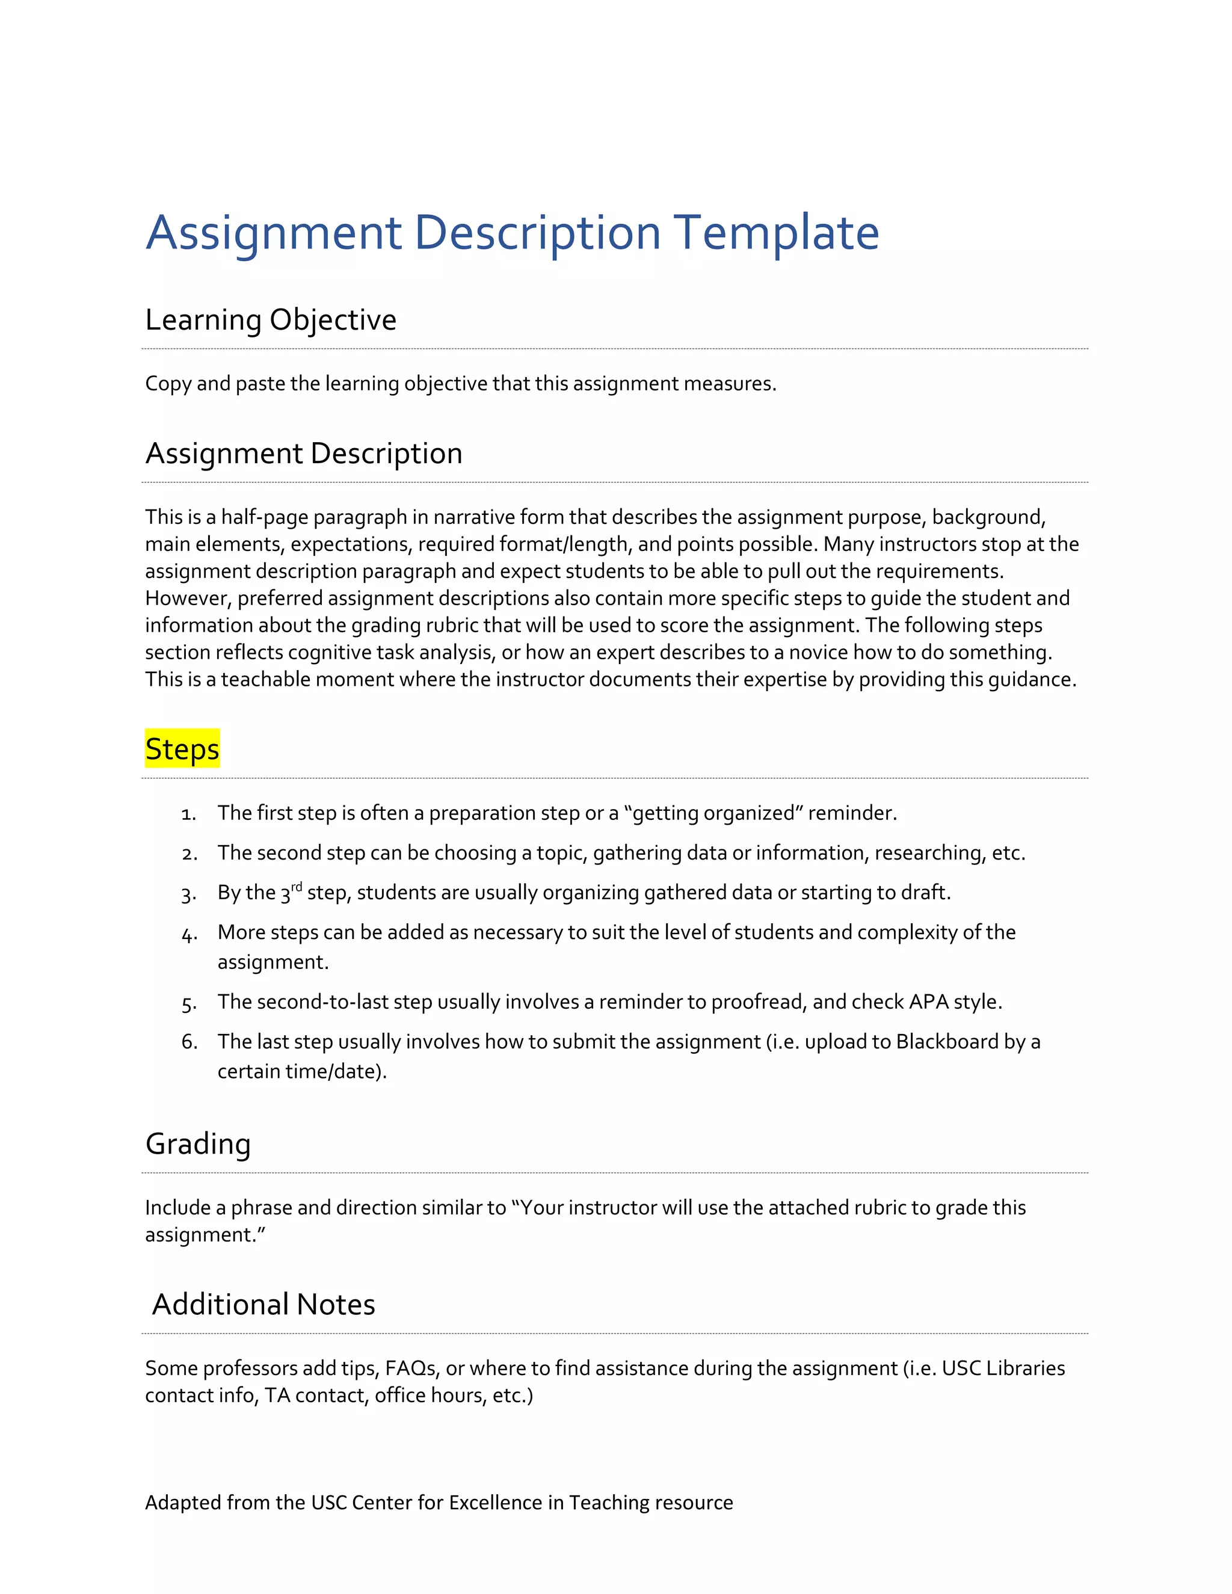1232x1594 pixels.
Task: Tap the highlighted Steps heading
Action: tap(182, 749)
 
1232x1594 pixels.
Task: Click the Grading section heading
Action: tap(198, 1143)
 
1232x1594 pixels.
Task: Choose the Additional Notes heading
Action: tap(263, 1304)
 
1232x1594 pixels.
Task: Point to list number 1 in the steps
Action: tap(188, 814)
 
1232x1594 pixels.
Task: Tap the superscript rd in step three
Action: tap(297, 887)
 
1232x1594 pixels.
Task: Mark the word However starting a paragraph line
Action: tap(188, 599)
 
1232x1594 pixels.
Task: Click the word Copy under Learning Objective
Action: tap(168, 384)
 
